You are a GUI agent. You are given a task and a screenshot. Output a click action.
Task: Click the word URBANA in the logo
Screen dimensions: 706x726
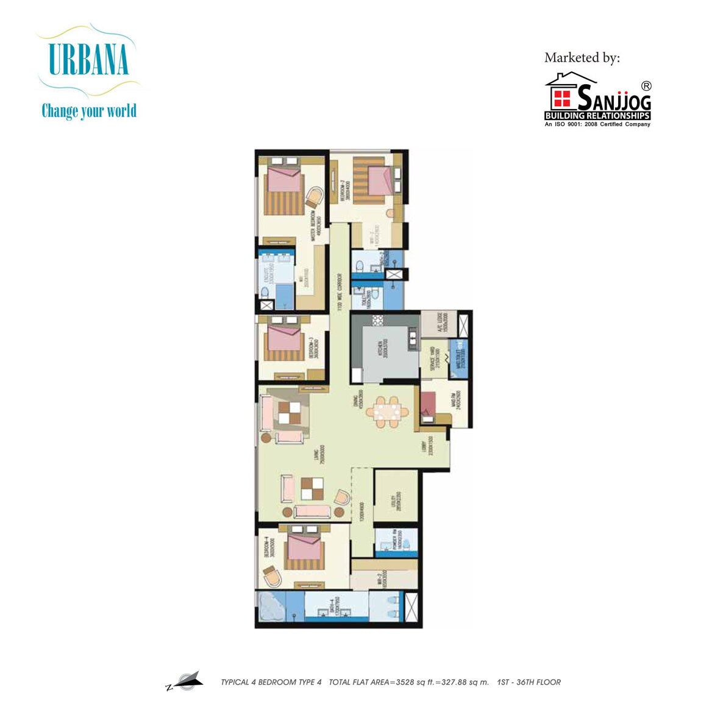pos(88,60)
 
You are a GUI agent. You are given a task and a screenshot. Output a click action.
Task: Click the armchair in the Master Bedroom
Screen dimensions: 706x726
pos(315,197)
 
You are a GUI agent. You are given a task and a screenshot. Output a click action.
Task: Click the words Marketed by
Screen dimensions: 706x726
pos(582,57)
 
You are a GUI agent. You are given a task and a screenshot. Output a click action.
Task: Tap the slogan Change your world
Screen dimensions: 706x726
pos(89,111)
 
